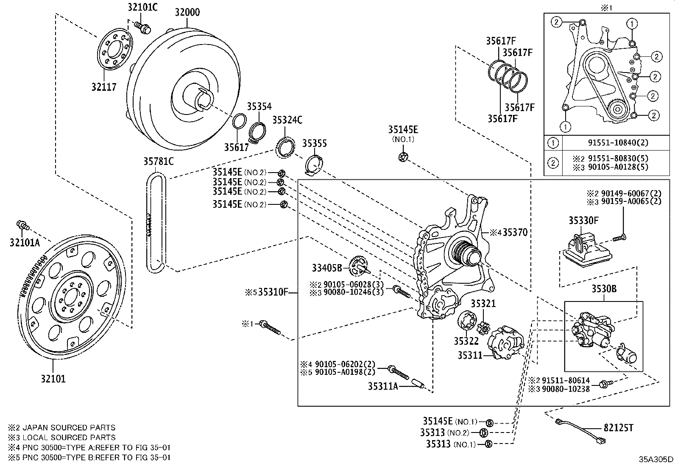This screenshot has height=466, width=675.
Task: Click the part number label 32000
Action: click(x=187, y=12)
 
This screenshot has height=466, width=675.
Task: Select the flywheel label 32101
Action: click(x=53, y=379)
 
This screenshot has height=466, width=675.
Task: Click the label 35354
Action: click(x=259, y=106)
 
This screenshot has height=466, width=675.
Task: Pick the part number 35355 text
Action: click(x=314, y=143)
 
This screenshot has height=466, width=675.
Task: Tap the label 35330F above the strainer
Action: click(x=583, y=220)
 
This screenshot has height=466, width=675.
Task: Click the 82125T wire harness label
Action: click(x=618, y=428)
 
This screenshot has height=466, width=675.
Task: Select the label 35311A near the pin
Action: click(x=383, y=386)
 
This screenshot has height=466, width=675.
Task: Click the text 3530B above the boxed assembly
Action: click(x=604, y=289)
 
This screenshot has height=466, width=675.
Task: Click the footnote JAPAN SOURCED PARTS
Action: click(x=68, y=427)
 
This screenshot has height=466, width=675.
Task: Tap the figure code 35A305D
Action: click(x=656, y=459)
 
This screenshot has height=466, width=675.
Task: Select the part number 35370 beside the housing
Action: click(x=515, y=232)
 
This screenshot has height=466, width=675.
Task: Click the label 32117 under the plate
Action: click(x=103, y=87)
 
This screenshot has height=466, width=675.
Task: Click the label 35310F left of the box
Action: click(x=273, y=292)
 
